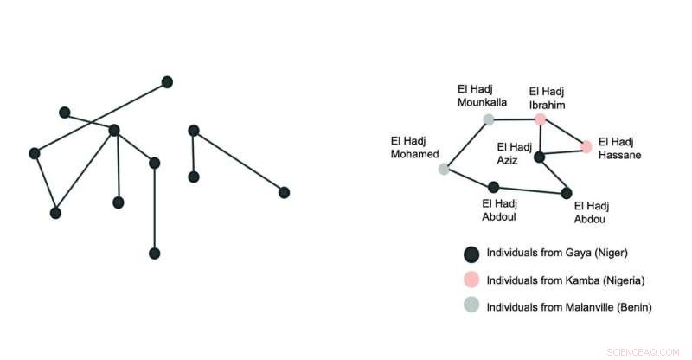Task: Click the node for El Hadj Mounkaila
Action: coord(489,119)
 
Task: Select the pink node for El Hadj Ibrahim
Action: coord(540,119)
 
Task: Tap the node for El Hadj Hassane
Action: coord(586,146)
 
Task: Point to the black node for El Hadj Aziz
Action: coord(539,157)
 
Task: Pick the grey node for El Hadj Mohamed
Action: coord(444,169)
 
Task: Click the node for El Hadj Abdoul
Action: coord(493,187)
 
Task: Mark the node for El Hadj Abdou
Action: coord(567,193)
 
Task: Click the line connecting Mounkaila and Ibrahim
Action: coord(515,119)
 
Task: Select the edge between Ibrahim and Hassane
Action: coord(563,132)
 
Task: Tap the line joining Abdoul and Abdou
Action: coord(530,190)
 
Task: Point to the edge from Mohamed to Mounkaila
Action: coord(466,144)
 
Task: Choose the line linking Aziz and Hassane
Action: coord(563,152)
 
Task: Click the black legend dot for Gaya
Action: coord(471,254)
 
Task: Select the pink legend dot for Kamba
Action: coord(471,280)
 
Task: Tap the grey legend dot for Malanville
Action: coord(471,305)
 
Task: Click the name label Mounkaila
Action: coord(482,102)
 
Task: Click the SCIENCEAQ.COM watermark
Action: coord(643,352)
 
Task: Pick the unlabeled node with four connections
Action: coord(114,131)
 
